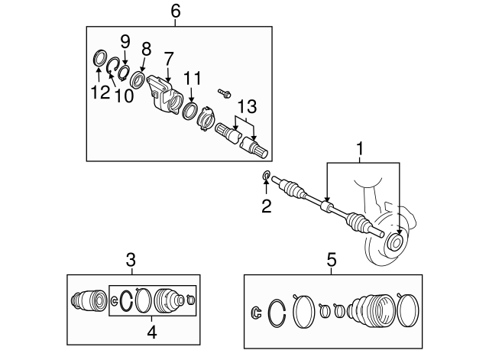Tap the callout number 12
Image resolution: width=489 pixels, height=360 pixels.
coord(100,92)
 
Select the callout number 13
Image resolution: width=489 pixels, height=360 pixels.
coord(247,106)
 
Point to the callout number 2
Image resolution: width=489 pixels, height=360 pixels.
coord(267,206)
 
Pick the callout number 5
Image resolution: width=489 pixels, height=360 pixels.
coord(332,260)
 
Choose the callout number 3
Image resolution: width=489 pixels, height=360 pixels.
coord(131,260)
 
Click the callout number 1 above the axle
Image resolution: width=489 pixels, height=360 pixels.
coord(360,149)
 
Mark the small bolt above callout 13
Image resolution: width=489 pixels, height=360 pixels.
coord(224,92)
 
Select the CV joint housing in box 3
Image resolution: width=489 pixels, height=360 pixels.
coord(89,300)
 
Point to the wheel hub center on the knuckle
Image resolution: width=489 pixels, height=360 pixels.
coord(395,242)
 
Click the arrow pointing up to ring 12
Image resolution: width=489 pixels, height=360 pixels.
coord(99,75)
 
